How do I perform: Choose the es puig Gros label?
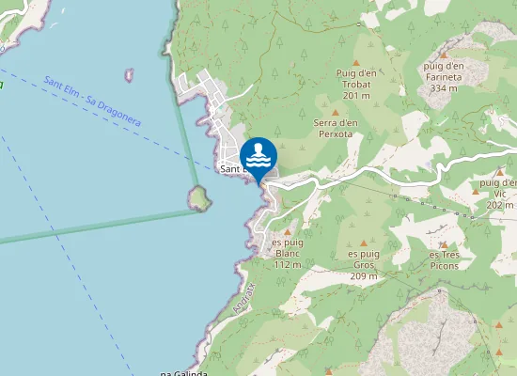point(364,259)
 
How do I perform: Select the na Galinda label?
point(183,372)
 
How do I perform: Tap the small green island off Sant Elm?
point(198,196)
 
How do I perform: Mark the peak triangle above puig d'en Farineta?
point(444,55)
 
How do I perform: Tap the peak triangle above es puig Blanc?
point(288,229)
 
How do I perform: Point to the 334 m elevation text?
point(444,88)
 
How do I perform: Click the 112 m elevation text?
point(288,264)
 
